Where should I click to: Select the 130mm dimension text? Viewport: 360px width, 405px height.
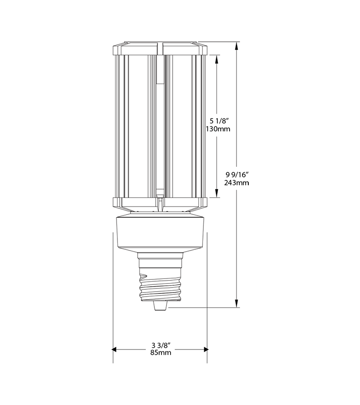click(217, 129)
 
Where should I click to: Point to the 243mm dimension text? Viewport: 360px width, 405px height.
click(237, 183)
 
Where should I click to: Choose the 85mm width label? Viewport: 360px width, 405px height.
click(160, 353)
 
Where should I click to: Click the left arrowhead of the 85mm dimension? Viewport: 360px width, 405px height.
click(115, 349)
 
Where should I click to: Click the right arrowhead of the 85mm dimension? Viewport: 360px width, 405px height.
click(205, 349)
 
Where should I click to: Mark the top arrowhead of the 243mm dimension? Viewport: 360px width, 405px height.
click(237, 45)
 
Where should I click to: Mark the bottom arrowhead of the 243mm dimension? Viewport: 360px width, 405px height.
click(237, 305)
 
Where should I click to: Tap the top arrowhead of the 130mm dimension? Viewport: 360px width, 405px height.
click(217, 58)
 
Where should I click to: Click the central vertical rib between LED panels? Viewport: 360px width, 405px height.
click(160, 126)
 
